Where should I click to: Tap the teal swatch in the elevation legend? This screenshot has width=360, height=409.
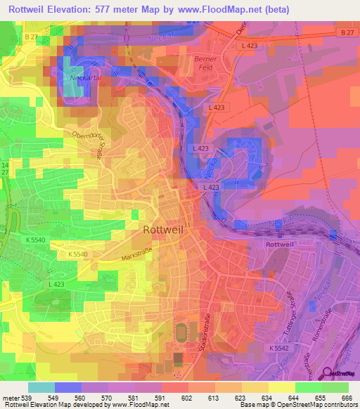(x=41, y=387)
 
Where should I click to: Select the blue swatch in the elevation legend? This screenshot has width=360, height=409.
(x=67, y=387)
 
